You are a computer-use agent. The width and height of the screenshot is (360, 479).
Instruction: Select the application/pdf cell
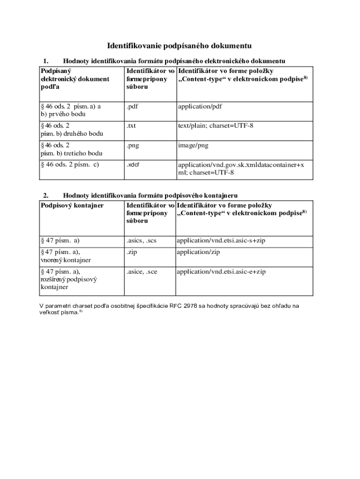(x=200, y=106)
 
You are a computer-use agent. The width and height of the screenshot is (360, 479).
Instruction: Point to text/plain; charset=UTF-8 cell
(x=215, y=126)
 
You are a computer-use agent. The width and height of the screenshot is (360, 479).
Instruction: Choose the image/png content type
(x=193, y=145)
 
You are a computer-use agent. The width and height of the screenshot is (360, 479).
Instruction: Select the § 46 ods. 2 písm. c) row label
(x=70, y=164)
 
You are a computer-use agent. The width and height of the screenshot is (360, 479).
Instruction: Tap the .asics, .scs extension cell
(x=141, y=240)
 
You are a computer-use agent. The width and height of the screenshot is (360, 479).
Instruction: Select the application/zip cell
(x=198, y=252)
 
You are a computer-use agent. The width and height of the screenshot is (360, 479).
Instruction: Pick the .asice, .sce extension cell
(x=141, y=271)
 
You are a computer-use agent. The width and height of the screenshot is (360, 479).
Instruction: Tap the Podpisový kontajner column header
(x=72, y=205)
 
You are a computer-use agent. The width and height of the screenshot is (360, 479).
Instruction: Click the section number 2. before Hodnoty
(x=46, y=195)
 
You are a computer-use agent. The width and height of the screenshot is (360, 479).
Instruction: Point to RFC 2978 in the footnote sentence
(x=184, y=306)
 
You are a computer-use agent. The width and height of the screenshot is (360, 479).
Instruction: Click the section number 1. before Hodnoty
(x=46, y=61)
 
